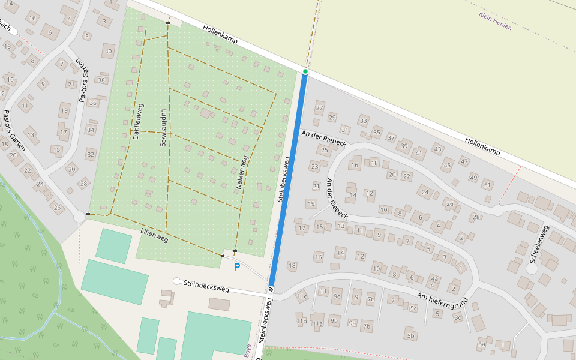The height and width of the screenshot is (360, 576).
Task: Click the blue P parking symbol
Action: [x=237, y=267]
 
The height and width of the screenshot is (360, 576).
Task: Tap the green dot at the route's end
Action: [x=305, y=71]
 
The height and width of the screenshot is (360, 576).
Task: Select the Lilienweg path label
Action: [x=154, y=235]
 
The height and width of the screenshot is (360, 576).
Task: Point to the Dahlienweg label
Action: [x=137, y=122]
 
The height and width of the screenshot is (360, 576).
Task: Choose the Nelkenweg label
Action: [x=242, y=173]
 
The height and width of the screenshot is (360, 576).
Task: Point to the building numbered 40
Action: [x=108, y=51]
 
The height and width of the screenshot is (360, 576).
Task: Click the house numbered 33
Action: [x=363, y=121]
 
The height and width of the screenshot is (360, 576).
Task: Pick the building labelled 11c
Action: [x=301, y=296]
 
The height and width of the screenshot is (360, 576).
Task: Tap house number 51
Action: [x=488, y=185]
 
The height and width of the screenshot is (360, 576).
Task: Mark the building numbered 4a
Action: [x=435, y=278]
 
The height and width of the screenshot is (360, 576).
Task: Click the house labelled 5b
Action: [x=410, y=335]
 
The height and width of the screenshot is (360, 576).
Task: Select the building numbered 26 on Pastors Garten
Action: [x=58, y=208]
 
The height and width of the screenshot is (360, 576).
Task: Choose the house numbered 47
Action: [x=464, y=161]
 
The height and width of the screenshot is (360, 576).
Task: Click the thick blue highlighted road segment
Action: [x=288, y=180]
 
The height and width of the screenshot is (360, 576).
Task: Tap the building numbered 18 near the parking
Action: [x=292, y=266]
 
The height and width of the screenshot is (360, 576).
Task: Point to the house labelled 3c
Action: [x=458, y=317]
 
